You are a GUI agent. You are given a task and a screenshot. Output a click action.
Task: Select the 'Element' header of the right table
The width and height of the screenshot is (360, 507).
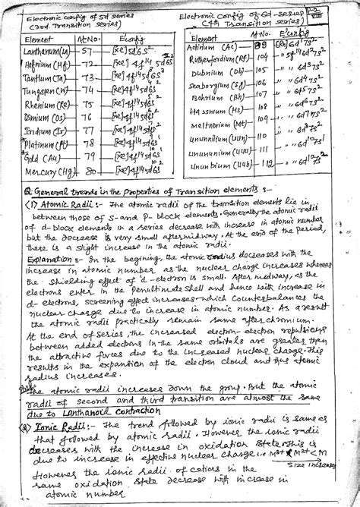pos(204,38)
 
